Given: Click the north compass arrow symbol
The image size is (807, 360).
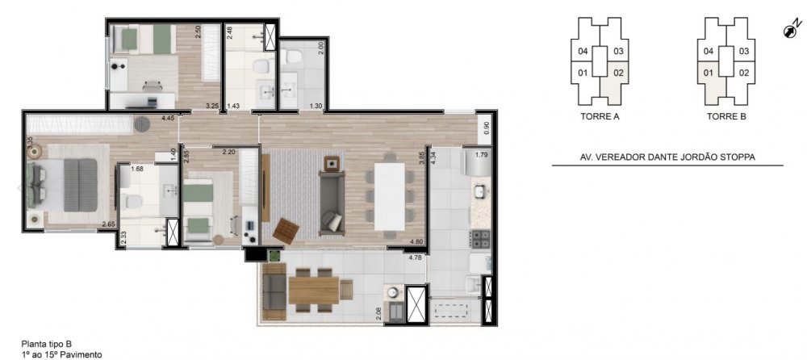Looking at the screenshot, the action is point(792,28).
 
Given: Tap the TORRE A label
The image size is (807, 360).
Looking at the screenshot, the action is point(600,116).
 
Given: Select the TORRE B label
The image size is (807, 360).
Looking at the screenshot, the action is point(726,116).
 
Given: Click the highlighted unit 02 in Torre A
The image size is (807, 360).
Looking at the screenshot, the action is point(615,80).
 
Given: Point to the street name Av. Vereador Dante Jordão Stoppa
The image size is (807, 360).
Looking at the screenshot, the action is point(667,157).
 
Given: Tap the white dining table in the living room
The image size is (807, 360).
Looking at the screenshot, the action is point(389,196).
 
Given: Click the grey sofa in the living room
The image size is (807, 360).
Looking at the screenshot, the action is point(332,203).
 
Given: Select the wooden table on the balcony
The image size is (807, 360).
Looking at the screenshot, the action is point(313,291).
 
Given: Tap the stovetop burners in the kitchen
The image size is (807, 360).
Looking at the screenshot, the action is point(480,238).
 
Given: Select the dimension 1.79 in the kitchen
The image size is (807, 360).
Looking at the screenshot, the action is point(481,154).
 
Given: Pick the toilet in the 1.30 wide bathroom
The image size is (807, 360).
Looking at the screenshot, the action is point(294,56).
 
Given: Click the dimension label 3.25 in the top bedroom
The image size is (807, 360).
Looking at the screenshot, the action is point(211,106).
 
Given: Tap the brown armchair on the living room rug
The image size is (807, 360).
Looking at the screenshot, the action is point(286,231).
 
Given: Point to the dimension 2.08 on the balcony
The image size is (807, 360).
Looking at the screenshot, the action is point(379,314).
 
